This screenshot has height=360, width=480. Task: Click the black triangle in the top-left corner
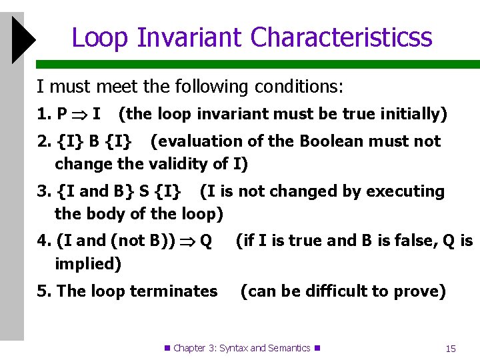pyautogui.click(x=22, y=41)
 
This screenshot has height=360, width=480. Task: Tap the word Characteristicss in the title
pyautogui.click(x=341, y=37)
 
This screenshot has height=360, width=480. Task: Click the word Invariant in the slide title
pyautogui.click(x=191, y=37)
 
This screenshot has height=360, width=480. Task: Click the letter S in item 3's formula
pyautogui.click(x=143, y=191)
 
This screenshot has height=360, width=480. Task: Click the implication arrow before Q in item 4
pyautogui.click(x=190, y=241)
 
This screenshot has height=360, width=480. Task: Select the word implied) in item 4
pyautogui.click(x=88, y=263)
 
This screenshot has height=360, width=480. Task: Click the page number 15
pyautogui.click(x=451, y=348)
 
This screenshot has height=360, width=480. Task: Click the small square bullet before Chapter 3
pyautogui.click(x=167, y=348)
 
